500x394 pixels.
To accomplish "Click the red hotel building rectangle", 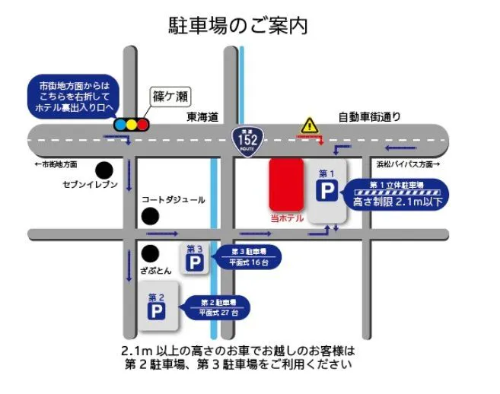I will pos(286,183).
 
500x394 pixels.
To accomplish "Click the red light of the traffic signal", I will pos(120,124).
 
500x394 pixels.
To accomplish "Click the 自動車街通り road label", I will pos(369,117).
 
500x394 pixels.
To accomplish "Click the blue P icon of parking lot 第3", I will pos(196,263).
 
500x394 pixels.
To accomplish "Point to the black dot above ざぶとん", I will pos(150,253).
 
